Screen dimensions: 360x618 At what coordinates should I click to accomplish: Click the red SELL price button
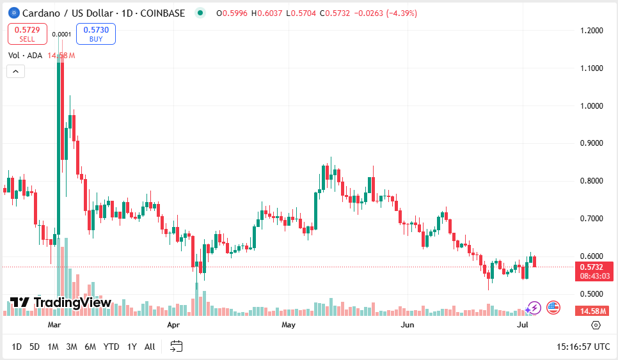pyautogui.click(x=27, y=34)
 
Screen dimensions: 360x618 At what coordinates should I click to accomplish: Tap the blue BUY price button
pyautogui.click(x=95, y=34)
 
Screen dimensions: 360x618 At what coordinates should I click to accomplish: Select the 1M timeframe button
pyautogui.click(x=53, y=347)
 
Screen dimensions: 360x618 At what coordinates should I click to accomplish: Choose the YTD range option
pyautogui.click(x=111, y=347)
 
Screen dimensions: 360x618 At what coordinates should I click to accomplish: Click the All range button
pyautogui.click(x=150, y=347)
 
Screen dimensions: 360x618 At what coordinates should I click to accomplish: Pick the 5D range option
pyautogui.click(x=35, y=347)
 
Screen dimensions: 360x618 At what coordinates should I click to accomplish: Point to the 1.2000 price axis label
pyautogui.click(x=592, y=30)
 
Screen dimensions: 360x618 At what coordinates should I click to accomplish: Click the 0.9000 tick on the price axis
pyautogui.click(x=592, y=143)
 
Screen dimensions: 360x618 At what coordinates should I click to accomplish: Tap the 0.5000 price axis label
pyautogui.click(x=592, y=294)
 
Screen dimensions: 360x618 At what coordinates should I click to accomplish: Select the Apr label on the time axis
pyautogui.click(x=173, y=325)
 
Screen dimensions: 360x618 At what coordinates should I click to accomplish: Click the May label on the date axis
pyautogui.click(x=289, y=325)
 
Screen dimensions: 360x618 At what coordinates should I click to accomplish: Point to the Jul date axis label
pyautogui.click(x=523, y=325)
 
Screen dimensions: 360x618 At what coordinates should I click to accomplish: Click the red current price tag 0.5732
pyautogui.click(x=594, y=267)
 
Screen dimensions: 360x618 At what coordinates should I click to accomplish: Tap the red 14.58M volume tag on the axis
pyautogui.click(x=594, y=311)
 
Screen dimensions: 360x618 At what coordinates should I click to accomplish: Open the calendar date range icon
pyautogui.click(x=177, y=347)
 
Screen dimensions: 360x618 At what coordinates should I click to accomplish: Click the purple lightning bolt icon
pyautogui.click(x=534, y=308)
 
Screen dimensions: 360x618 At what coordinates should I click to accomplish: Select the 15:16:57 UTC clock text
pyautogui.click(x=583, y=347)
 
